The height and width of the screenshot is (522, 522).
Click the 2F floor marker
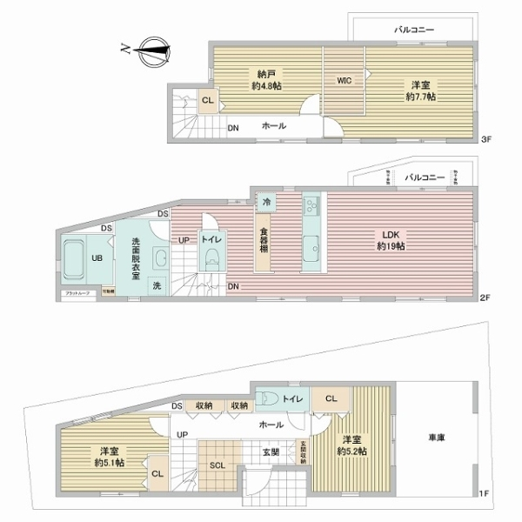coord(487,298)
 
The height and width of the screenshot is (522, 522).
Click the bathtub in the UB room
coord(76,257)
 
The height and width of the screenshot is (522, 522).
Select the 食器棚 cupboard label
coord(263,240)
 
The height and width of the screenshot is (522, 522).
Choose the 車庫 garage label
coord(436,439)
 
